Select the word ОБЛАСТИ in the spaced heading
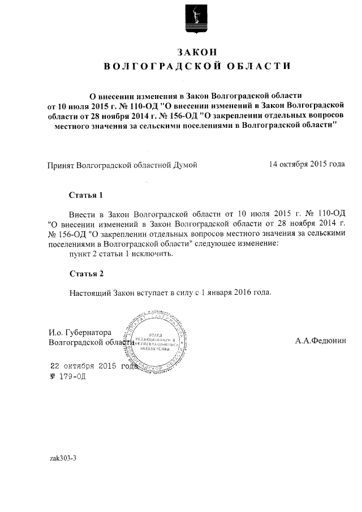point(258,66)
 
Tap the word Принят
point(61,165)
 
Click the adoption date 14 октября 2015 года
point(307,164)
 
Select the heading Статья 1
point(86,196)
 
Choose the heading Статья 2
point(86,274)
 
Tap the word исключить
point(152,254)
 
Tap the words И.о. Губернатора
point(80,332)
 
